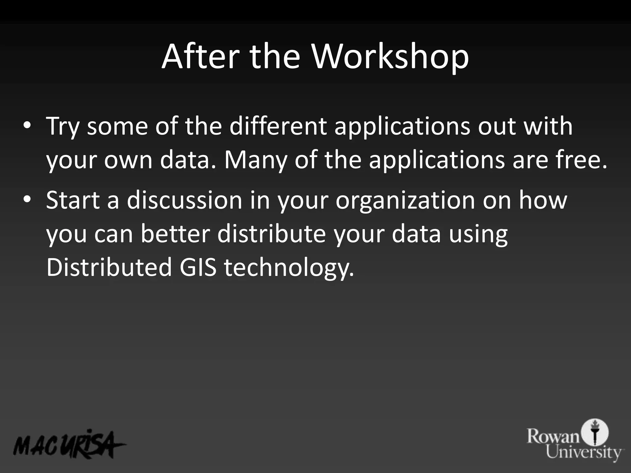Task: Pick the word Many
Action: point(255,160)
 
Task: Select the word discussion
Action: point(185,200)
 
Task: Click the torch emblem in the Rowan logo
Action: point(595,431)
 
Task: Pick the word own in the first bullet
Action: point(128,160)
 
